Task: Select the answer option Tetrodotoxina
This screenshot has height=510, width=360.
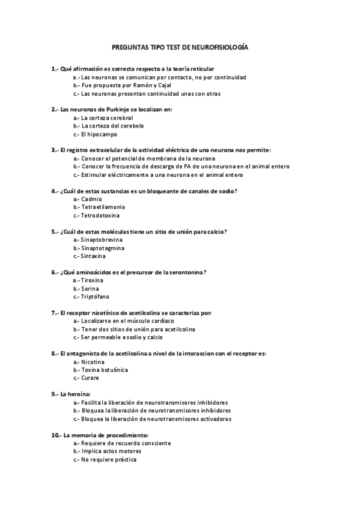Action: pyautogui.click(x=100, y=215)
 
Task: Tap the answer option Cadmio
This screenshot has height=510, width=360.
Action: pyautogui.click(x=91, y=198)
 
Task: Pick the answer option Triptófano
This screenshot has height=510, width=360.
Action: pyautogui.click(x=95, y=296)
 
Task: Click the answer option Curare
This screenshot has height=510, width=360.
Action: pyautogui.click(x=90, y=378)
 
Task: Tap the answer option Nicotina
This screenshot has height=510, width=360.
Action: pyautogui.click(x=93, y=362)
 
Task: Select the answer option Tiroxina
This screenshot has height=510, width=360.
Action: pyautogui.click(x=92, y=280)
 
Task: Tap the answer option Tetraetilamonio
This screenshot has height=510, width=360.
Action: pyautogui.click(x=103, y=207)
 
